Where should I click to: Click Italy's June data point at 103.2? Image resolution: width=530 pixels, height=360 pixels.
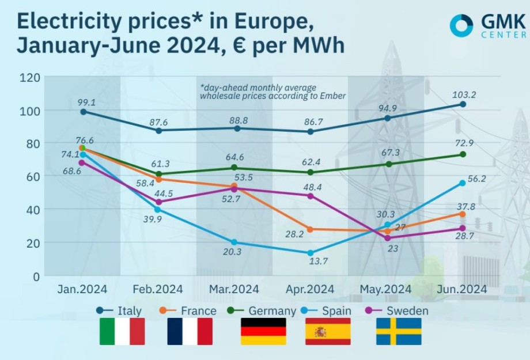(463, 104)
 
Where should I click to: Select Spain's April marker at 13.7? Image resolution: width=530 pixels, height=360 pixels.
(311, 253)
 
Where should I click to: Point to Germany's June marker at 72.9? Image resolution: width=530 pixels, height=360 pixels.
(463, 154)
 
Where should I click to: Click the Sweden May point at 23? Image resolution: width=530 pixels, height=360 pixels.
(387, 238)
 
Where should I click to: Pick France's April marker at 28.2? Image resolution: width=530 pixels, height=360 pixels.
(311, 229)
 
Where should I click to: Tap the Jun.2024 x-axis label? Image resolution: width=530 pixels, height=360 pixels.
(461, 289)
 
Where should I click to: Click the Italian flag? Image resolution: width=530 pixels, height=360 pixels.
(122, 332)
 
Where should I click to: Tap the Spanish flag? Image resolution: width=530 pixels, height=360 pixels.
(328, 332)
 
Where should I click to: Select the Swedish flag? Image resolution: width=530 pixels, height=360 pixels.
(399, 332)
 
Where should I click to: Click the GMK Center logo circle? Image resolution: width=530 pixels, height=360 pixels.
(461, 26)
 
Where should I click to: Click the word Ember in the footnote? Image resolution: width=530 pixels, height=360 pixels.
(334, 96)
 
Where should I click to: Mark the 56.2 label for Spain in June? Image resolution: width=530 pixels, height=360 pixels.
(476, 179)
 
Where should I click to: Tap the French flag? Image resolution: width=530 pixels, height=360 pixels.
(190, 332)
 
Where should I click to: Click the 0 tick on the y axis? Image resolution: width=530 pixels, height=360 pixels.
(36, 276)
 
